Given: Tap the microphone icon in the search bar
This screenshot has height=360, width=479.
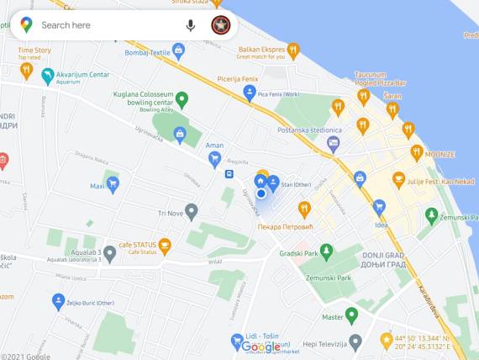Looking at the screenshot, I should click(x=191, y=25).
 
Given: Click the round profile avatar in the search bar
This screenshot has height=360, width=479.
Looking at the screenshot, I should click(x=220, y=25).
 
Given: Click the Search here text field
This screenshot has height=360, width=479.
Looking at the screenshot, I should click(x=101, y=25).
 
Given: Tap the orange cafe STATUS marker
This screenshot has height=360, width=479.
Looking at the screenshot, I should click(x=165, y=246).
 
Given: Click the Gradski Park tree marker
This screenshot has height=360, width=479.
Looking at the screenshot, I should click(x=326, y=251).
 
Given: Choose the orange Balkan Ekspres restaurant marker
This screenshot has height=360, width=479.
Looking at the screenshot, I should click(x=293, y=50).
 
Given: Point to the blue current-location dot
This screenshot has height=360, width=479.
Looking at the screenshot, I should click(x=261, y=193).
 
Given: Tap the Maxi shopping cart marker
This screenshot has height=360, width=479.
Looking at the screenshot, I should click(x=112, y=185).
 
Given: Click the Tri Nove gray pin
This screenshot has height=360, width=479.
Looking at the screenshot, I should click(x=192, y=212).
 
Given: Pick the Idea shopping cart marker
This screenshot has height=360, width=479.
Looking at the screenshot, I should click(x=379, y=208).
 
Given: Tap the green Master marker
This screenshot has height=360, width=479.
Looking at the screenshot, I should click(x=352, y=315).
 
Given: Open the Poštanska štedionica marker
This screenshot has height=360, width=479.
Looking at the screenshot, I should click(x=334, y=143).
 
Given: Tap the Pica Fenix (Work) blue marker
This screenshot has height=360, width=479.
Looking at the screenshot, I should click(x=250, y=93).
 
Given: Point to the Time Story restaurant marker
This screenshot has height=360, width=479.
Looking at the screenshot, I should click(x=27, y=71).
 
